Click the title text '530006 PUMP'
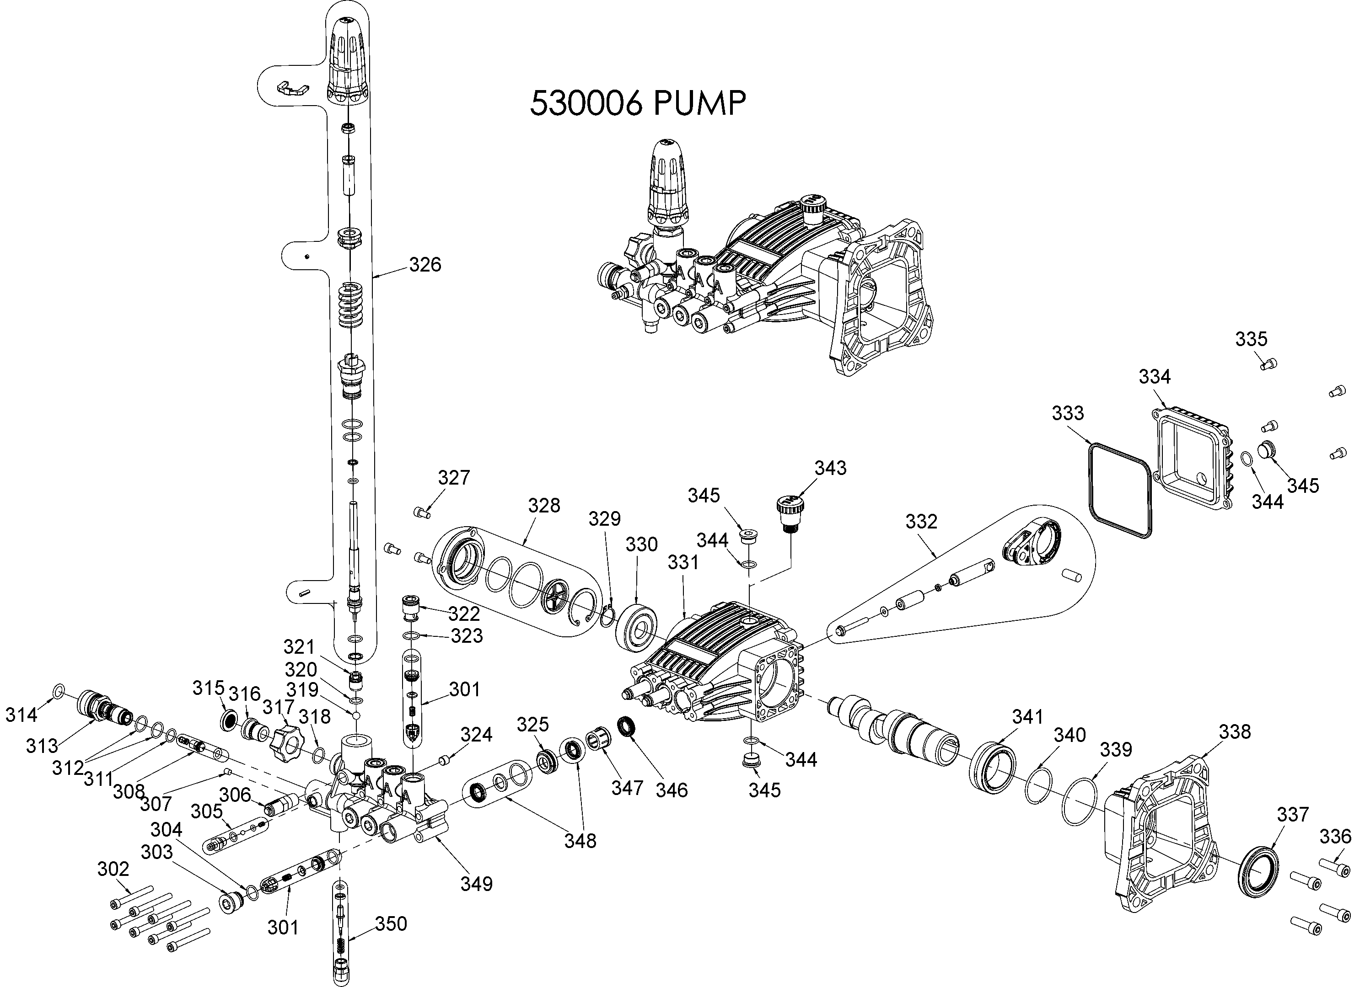pos(638,103)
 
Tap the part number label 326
pos(425,265)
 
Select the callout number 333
pos(1068,413)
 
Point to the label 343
pos(831,468)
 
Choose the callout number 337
pos(1293,814)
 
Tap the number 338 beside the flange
pos(1235,732)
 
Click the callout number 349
pos(477,884)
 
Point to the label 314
pos(21,715)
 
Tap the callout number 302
pos(113,869)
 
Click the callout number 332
pos(921,522)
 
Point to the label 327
pos(454,478)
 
